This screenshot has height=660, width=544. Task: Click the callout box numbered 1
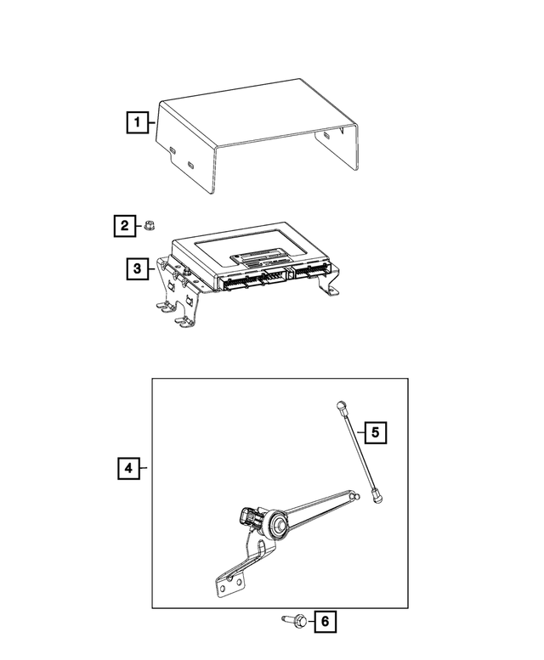(135, 123)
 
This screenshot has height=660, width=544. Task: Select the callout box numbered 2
(124, 226)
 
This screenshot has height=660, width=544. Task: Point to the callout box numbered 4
(127, 468)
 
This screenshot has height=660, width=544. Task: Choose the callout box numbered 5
(375, 432)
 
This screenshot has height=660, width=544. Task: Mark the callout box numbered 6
(324, 623)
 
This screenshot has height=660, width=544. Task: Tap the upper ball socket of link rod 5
(340, 407)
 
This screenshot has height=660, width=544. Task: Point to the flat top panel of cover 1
(255, 110)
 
